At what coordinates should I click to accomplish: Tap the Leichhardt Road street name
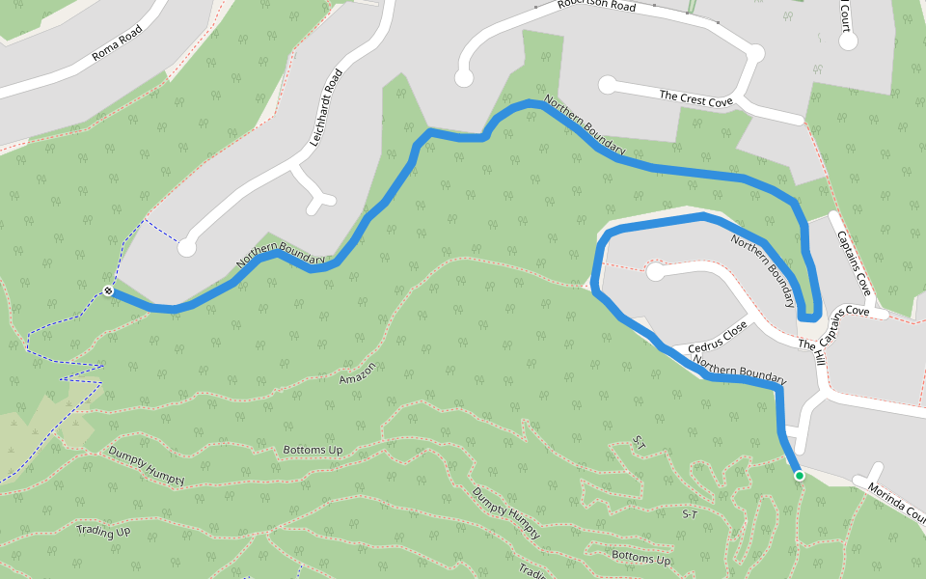pyautogui.click(x=327, y=107)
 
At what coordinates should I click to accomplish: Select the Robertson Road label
pyautogui.click(x=596, y=7)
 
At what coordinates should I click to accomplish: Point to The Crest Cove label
pyautogui.click(x=696, y=97)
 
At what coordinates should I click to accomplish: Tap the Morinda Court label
pyautogui.click(x=896, y=502)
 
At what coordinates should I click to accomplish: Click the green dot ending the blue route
pyautogui.click(x=799, y=475)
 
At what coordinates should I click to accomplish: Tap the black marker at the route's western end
pyautogui.click(x=109, y=290)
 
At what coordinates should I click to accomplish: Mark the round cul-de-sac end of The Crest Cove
pyautogui.click(x=608, y=85)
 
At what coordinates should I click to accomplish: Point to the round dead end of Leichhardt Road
pyautogui.click(x=187, y=247)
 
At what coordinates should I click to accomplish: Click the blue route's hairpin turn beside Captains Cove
pyautogui.click(x=810, y=316)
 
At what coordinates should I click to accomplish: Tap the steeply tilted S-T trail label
pyautogui.click(x=638, y=443)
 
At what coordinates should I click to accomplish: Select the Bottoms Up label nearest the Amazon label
pyautogui.click(x=313, y=451)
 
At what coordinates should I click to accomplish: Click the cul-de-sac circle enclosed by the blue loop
pyautogui.click(x=656, y=272)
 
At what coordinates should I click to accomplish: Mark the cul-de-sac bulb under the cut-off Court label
pyautogui.click(x=848, y=41)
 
